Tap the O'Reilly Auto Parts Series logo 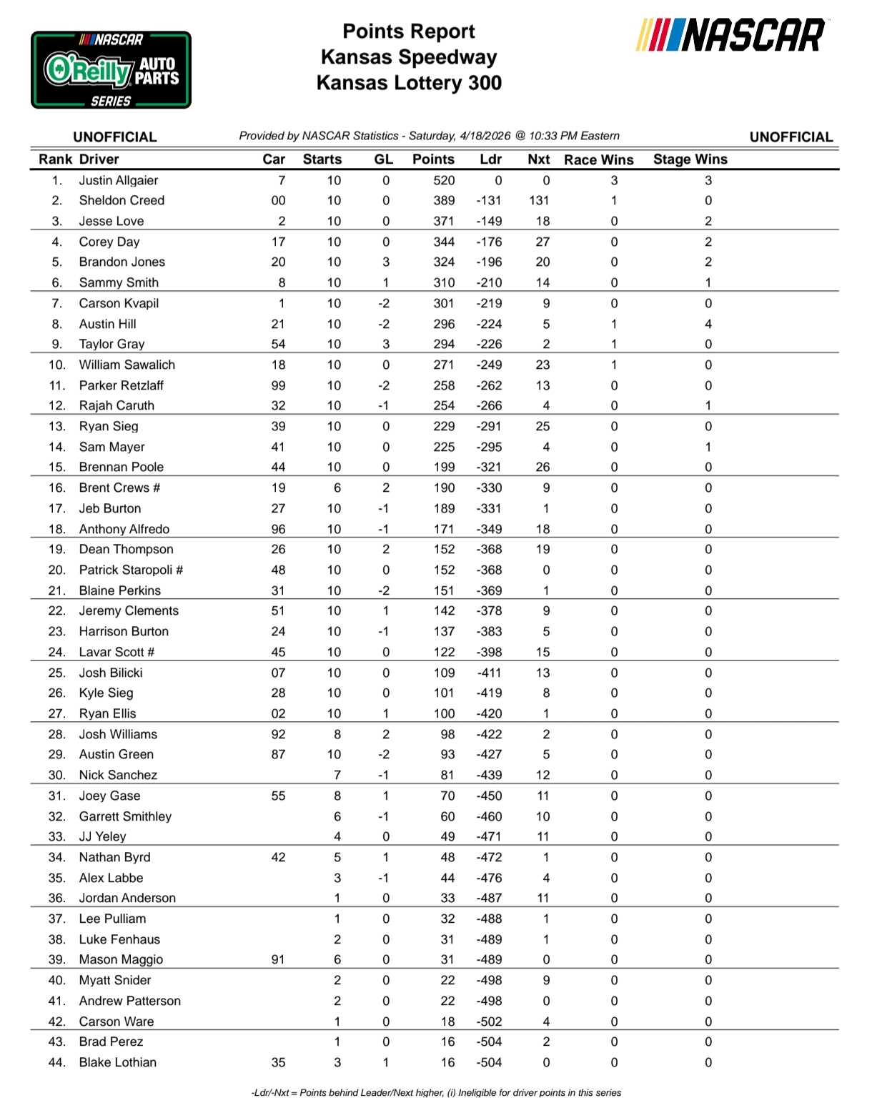tap(111, 70)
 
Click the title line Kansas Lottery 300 tap(409, 83)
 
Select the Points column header tap(433, 159)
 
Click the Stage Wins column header tap(690, 159)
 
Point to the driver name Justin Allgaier tap(119, 180)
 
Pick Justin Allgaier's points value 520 tap(443, 180)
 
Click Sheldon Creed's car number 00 tap(278, 201)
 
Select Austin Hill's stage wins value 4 tap(708, 324)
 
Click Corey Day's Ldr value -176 tap(489, 242)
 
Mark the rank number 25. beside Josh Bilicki tap(56, 673)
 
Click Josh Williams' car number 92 tap(278, 734)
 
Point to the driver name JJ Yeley tap(102, 836)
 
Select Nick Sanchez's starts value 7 tap(337, 775)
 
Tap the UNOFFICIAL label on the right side tap(791, 137)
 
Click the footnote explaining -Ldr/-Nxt tap(436, 1092)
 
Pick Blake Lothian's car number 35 tap(278, 1062)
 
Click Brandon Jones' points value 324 tap(443, 262)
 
